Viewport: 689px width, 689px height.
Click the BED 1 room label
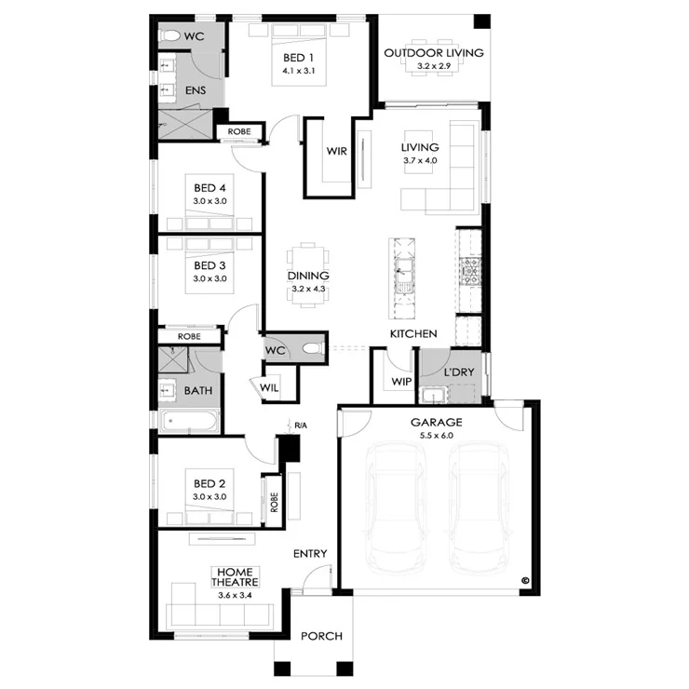[x=298, y=58]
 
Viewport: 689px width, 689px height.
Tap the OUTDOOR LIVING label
[x=434, y=53]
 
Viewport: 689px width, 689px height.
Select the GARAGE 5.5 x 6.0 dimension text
[x=436, y=436]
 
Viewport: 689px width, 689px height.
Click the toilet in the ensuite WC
[x=170, y=35]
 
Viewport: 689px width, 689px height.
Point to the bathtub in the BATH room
[x=189, y=421]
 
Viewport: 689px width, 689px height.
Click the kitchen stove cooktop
[x=470, y=272]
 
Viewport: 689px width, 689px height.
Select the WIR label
[x=337, y=151]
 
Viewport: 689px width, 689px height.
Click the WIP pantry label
[x=401, y=382]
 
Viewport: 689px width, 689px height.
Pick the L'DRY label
[x=459, y=372]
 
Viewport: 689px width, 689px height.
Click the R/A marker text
[x=301, y=426]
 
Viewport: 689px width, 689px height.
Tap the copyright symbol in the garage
[x=524, y=580]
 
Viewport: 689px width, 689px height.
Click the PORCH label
[x=321, y=636]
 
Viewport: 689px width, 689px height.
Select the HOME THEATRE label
[x=235, y=577]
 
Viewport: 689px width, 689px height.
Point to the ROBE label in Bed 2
[x=275, y=502]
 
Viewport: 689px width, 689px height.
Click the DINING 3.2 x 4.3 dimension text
[x=308, y=290]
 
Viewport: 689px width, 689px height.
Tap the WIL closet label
[x=269, y=387]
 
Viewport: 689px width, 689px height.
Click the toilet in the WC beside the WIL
[x=313, y=349]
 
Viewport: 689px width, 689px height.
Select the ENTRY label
[x=310, y=554]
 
